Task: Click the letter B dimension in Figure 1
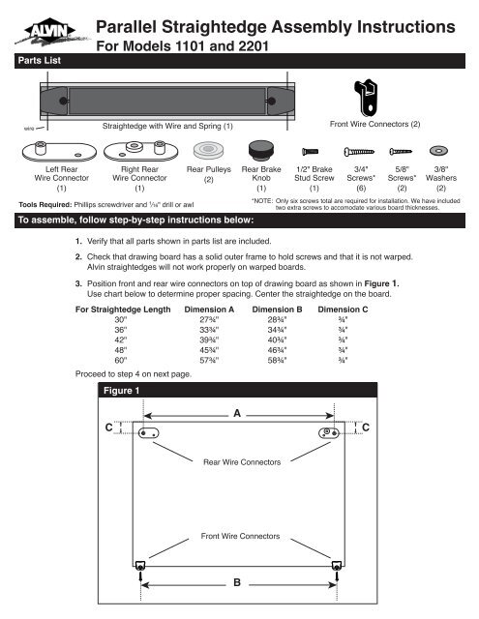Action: click(x=238, y=583)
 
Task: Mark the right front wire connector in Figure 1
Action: click(x=335, y=565)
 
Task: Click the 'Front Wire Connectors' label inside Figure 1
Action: click(x=238, y=534)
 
